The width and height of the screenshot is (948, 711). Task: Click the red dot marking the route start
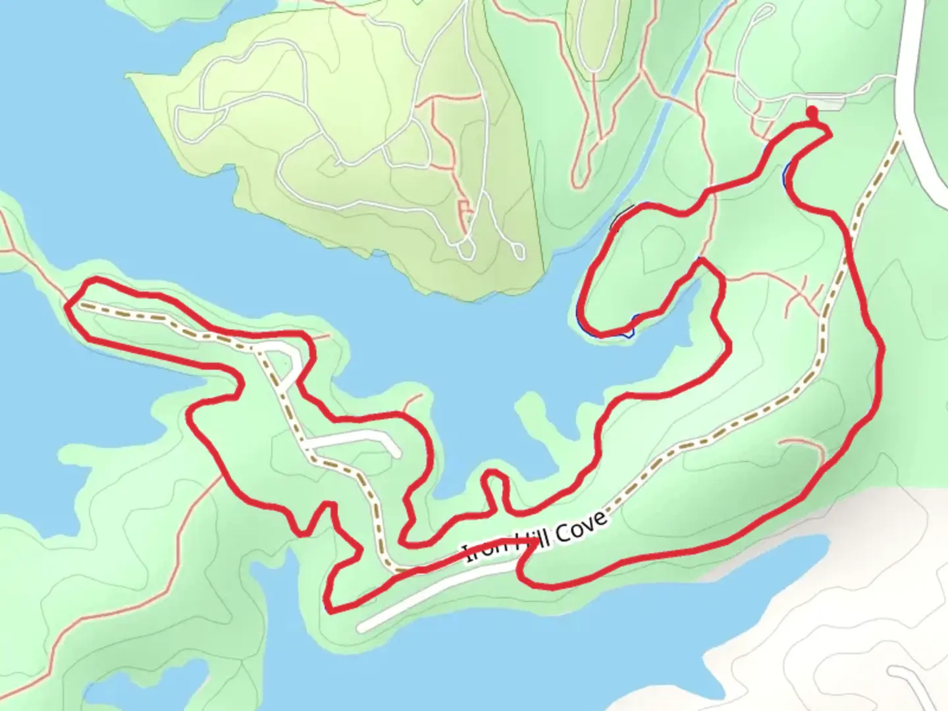click(812, 111)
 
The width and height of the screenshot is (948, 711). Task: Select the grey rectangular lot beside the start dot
click(831, 103)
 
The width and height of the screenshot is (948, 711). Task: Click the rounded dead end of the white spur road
click(396, 452)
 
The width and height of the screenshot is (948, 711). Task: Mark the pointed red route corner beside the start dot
click(828, 134)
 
